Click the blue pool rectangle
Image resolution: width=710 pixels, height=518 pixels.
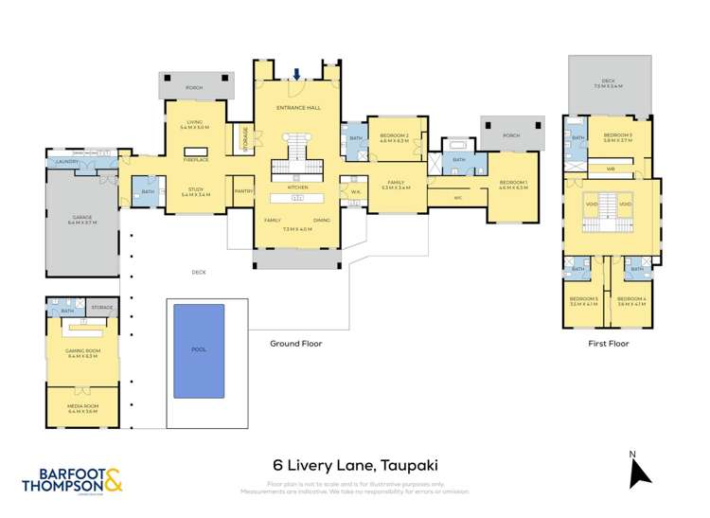click(199, 349)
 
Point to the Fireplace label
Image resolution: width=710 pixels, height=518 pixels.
click(196, 161)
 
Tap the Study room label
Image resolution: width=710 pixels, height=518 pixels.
click(195, 191)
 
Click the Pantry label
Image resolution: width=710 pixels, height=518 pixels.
click(242, 190)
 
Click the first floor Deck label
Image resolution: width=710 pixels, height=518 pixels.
click(612, 84)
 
